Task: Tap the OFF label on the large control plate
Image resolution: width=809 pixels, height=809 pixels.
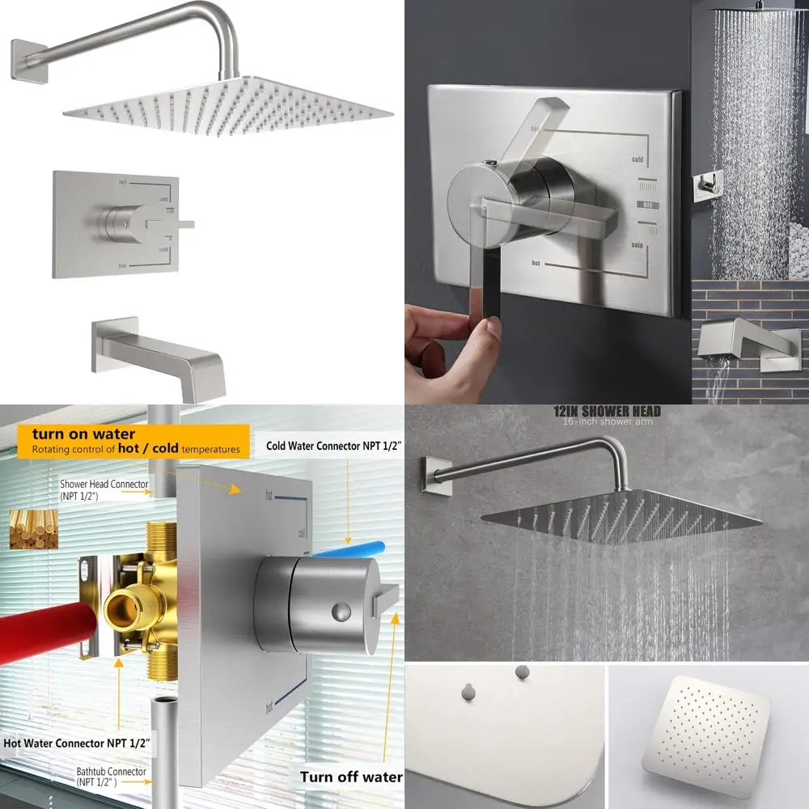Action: pyautogui.click(x=647, y=205)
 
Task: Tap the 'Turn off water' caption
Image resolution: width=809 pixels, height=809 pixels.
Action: pyautogui.click(x=351, y=777)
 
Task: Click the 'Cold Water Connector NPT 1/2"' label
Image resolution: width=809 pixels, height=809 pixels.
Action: pyautogui.click(x=335, y=446)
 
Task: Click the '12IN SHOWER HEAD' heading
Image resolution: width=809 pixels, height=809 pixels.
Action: pyautogui.click(x=607, y=411)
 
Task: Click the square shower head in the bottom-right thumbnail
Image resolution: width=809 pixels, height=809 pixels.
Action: pyautogui.click(x=708, y=732)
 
